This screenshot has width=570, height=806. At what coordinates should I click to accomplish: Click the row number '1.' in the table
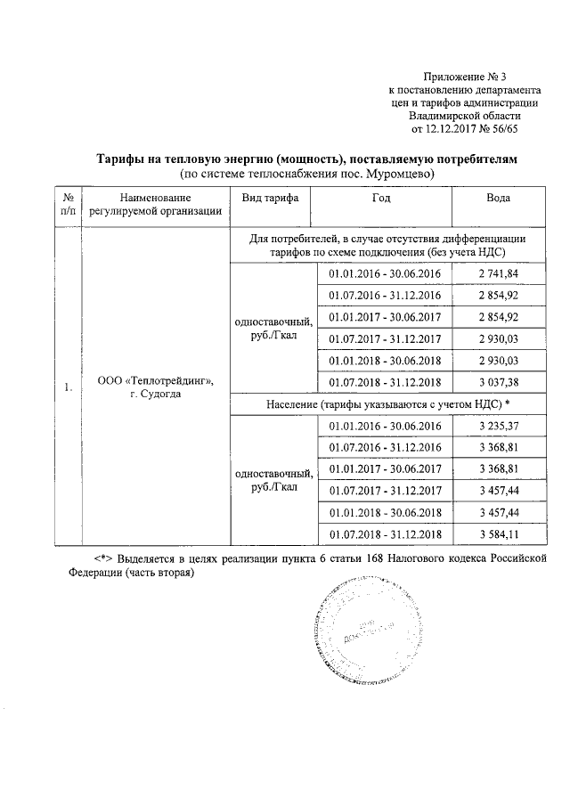tap(68, 387)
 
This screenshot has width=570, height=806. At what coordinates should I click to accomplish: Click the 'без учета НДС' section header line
tap(385, 252)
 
